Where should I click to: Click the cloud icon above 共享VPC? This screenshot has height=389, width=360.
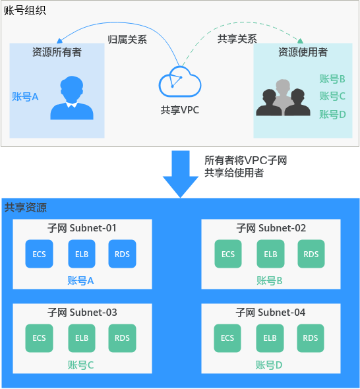pos(179,82)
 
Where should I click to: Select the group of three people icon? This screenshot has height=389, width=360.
pos(283,98)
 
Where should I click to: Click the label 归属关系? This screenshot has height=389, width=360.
pos(127,39)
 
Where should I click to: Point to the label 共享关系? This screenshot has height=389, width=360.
pos(237,39)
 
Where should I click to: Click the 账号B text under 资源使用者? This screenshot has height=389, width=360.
pos(332,79)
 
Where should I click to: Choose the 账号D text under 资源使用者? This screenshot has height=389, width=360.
pos(332,114)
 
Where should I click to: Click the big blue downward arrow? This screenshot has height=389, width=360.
pos(180,173)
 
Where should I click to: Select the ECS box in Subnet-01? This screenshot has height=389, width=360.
pos(39,254)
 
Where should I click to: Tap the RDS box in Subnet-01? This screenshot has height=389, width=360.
pos(122,254)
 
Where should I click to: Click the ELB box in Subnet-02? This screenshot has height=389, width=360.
pos(270,254)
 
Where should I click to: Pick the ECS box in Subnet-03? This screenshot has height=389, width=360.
pos(39,338)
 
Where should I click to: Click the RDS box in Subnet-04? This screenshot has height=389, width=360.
pos(311,338)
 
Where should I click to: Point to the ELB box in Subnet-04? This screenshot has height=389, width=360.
pos(270,338)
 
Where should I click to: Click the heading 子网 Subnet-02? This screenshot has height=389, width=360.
pos(271,228)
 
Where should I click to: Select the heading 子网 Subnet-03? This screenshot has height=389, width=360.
pos(82,312)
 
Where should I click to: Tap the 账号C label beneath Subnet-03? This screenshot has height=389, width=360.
pos(81,365)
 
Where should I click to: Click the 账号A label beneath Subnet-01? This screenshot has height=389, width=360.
pos(81,281)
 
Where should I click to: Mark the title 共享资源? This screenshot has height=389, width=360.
pos(26,207)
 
